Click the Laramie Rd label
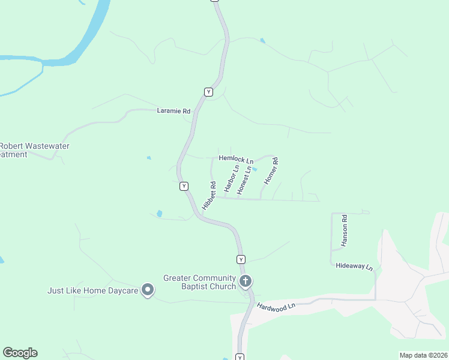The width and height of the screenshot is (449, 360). pos(173,111)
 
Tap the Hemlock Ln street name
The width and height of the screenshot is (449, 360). pos(236,158)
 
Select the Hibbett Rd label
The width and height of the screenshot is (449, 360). pos(209,195)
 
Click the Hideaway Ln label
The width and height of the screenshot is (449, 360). pos(354,266)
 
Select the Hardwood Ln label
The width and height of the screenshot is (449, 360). pos(277,306)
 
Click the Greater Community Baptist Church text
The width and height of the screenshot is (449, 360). pos(200,282)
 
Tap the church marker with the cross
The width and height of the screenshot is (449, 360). pos(245,281)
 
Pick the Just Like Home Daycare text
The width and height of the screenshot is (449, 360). pos(93,291)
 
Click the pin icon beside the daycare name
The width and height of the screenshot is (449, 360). pos(148,290)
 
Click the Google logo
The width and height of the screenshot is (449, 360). pos(20,353)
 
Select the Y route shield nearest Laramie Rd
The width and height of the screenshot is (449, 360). pos(208,92)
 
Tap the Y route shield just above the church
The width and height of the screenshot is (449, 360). pos(241,259)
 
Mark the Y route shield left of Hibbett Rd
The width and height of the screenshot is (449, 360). pos(184,186)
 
